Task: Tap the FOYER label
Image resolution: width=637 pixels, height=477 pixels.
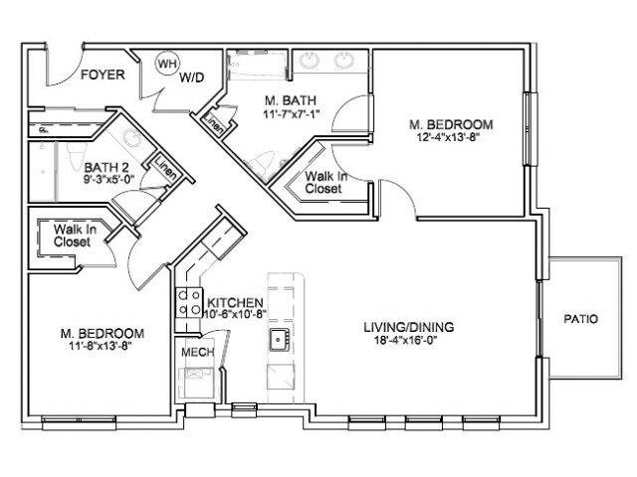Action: point(103,75)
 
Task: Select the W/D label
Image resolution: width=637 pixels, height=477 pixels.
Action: point(191,78)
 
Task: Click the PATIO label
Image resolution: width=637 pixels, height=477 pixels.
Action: point(581,319)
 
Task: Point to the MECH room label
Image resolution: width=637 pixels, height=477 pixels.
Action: point(197,352)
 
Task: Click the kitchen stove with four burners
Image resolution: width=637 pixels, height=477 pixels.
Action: point(189,303)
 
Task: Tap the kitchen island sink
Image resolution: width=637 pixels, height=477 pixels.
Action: point(280,339)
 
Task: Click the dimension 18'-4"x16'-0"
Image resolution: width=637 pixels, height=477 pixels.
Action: point(405,341)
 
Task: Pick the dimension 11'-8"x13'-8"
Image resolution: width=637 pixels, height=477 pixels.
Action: point(102,346)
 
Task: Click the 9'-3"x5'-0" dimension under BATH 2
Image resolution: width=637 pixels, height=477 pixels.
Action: point(109,179)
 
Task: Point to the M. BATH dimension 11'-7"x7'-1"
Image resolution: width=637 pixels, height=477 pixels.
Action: point(290,114)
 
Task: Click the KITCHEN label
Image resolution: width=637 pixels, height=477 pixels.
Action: point(235,302)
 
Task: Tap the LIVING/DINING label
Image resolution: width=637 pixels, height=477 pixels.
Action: point(409,327)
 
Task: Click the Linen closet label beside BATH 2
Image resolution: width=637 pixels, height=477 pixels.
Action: point(166,166)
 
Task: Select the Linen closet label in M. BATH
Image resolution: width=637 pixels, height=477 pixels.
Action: point(213,124)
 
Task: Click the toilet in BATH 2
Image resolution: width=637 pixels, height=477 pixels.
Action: point(76,156)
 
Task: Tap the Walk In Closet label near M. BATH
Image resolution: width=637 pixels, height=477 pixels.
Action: point(325,183)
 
